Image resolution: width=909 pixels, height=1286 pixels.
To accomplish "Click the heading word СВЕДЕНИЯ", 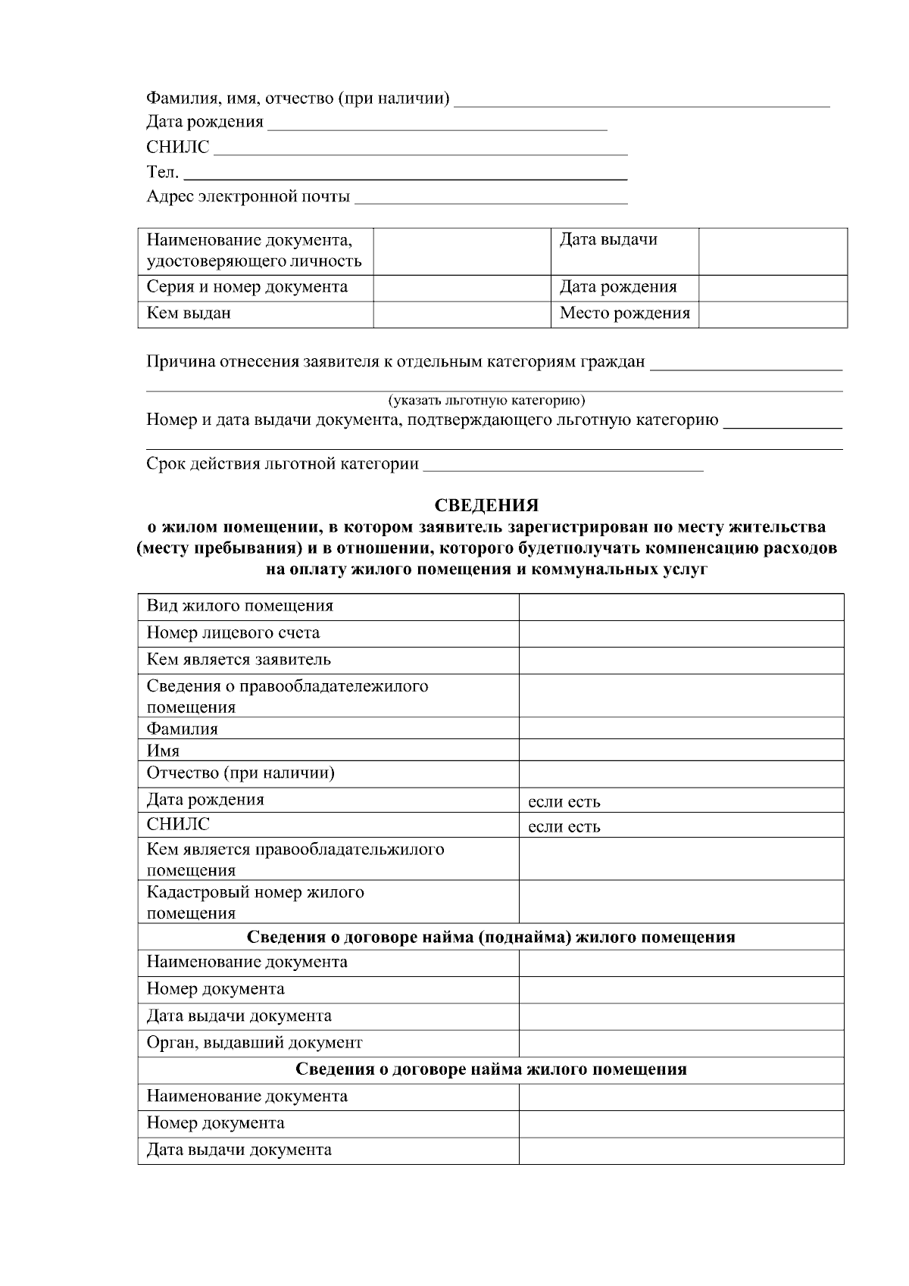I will pyautogui.click(x=486, y=505).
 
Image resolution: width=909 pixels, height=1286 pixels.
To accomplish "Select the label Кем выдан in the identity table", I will pyautogui.click(x=189, y=314).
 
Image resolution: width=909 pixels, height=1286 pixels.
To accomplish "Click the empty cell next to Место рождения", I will pyautogui.click(x=772, y=314).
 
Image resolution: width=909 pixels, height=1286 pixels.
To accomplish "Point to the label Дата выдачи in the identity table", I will pyautogui.click(x=608, y=240).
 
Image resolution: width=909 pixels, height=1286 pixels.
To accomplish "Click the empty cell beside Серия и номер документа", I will pyautogui.click(x=461, y=288).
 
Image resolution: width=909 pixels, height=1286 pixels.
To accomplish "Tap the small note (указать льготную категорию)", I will pyautogui.click(x=486, y=401).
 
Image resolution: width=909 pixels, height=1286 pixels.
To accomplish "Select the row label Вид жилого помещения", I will pyautogui.click(x=239, y=606).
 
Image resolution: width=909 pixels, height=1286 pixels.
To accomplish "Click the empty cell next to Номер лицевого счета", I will pyautogui.click(x=680, y=633).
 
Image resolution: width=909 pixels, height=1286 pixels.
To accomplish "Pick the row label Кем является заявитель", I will pyautogui.click(x=239, y=660).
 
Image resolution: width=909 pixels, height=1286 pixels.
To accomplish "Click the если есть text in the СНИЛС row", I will pyautogui.click(x=564, y=827).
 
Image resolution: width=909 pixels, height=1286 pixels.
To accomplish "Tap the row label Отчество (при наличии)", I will pyautogui.click(x=240, y=773).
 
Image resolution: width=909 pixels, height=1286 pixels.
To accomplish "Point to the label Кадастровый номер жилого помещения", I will pyautogui.click(x=255, y=902).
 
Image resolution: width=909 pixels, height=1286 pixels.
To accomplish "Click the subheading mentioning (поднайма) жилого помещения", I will pyautogui.click(x=491, y=937).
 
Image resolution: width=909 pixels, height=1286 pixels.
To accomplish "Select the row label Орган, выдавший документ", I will pyautogui.click(x=255, y=1043).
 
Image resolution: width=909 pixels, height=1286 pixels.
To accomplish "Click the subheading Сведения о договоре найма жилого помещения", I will pyautogui.click(x=491, y=1069).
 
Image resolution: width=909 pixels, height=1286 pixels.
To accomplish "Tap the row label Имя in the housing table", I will pyautogui.click(x=163, y=751).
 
